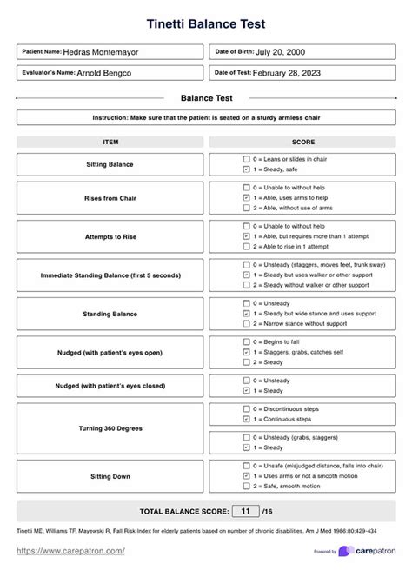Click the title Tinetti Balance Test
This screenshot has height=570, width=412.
[x=206, y=23]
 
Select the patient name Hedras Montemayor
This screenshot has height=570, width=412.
[x=101, y=52]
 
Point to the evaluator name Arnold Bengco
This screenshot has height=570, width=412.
[x=104, y=73]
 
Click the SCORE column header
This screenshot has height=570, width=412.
[x=303, y=142]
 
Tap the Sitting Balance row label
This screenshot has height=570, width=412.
[x=110, y=164]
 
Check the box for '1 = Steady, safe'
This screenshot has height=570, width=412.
[x=247, y=169]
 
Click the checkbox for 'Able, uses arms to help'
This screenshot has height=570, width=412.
[x=247, y=197]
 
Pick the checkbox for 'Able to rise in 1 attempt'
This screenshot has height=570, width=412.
[x=247, y=246]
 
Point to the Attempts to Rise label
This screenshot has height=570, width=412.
[x=110, y=236]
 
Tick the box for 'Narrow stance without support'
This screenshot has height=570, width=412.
[x=247, y=323]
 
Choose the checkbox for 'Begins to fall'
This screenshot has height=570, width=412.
[x=247, y=341]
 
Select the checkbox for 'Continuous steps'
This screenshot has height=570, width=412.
[x=247, y=419]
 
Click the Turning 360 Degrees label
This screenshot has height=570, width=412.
[x=110, y=428]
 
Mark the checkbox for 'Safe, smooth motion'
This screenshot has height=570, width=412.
[x=247, y=487]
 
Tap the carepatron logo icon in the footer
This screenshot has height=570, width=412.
[x=346, y=551]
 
